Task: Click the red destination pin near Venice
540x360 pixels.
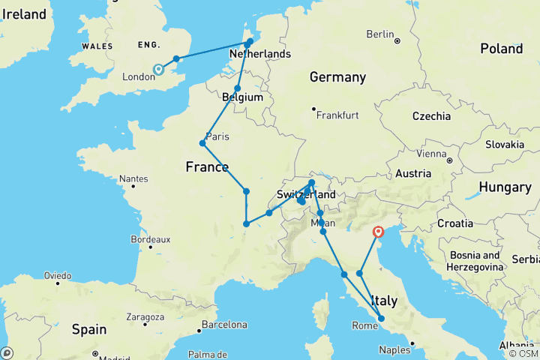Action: [x=378, y=233]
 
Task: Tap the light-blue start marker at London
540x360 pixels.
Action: [x=158, y=70]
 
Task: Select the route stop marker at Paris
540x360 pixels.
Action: [x=202, y=143]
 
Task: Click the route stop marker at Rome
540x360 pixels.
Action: [x=381, y=319]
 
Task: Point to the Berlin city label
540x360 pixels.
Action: [x=380, y=34]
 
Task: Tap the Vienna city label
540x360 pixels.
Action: [x=430, y=154]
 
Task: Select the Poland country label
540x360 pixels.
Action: [x=501, y=49]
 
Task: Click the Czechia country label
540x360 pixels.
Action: [x=430, y=116]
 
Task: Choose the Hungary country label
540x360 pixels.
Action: [x=505, y=187]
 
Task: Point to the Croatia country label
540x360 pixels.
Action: [x=455, y=223]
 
